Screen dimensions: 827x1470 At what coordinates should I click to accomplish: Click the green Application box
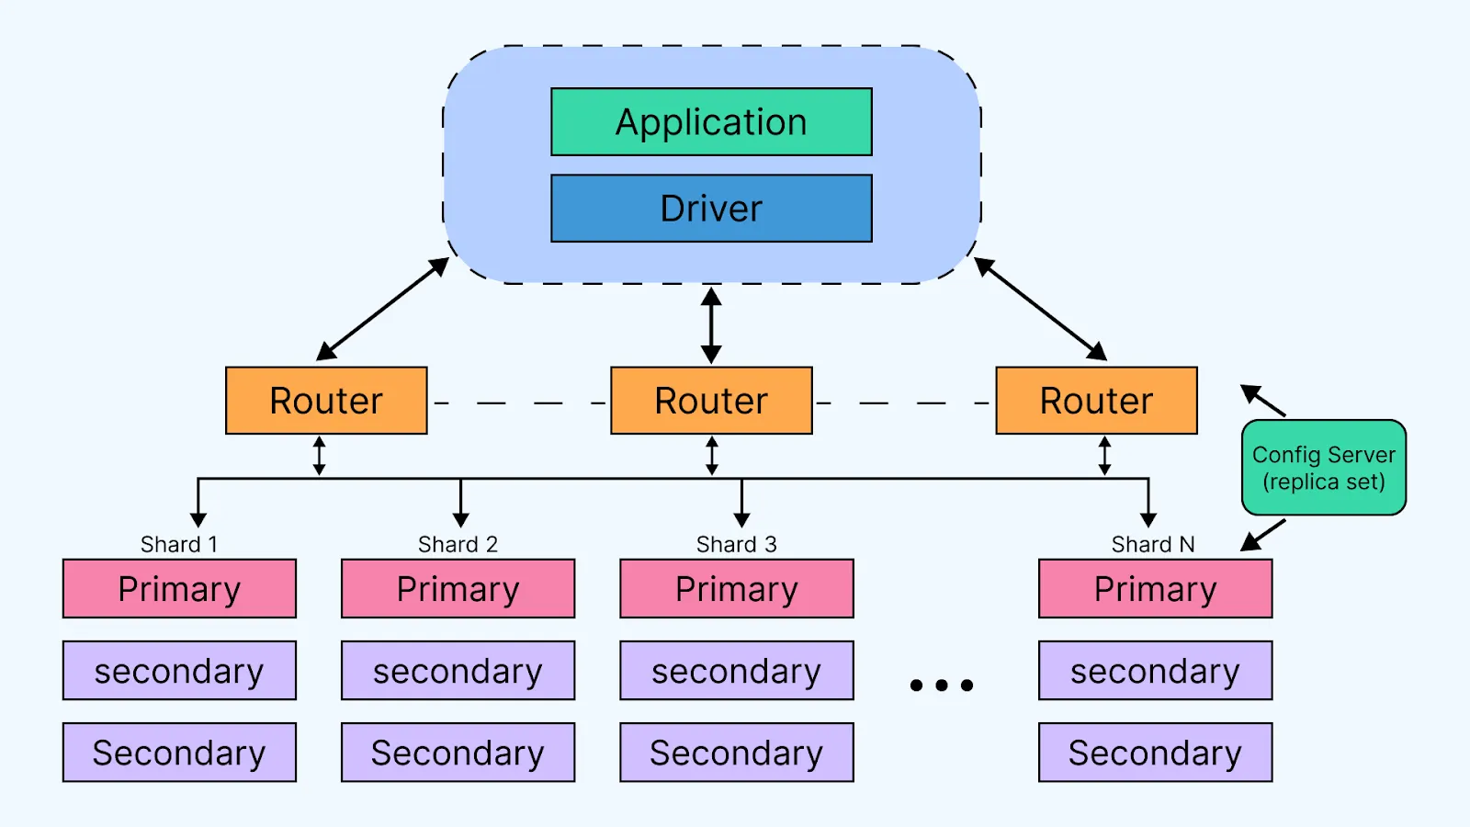[711, 122]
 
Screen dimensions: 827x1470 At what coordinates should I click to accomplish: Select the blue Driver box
[711, 209]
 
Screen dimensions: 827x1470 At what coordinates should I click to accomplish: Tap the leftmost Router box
[326, 401]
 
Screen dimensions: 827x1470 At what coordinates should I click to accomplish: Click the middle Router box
[711, 401]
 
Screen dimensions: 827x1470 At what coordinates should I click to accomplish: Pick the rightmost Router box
[1096, 401]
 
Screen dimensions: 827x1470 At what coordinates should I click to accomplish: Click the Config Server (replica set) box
[1323, 468]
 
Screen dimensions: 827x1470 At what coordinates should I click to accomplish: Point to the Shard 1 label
[179, 544]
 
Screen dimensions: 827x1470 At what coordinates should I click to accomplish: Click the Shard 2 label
[458, 544]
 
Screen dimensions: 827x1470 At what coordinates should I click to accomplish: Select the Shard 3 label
[736, 544]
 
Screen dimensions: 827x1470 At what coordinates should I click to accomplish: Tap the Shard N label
[1153, 544]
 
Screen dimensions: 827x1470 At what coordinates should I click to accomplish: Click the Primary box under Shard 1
[179, 589]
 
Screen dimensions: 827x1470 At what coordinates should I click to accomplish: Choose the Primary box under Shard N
[1155, 589]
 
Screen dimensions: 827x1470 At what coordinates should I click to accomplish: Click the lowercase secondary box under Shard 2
[458, 671]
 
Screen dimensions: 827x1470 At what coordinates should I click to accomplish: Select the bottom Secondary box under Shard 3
[736, 753]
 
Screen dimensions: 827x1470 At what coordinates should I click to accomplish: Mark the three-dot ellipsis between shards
[941, 685]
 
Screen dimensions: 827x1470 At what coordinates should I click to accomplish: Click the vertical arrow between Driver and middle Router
[711, 325]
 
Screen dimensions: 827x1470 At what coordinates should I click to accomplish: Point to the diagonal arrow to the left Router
[382, 309]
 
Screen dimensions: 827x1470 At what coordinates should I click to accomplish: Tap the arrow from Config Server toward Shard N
[1263, 535]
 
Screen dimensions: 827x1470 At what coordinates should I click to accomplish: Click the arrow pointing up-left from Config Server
[1263, 401]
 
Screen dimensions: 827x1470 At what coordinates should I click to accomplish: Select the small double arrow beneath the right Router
[1104, 456]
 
